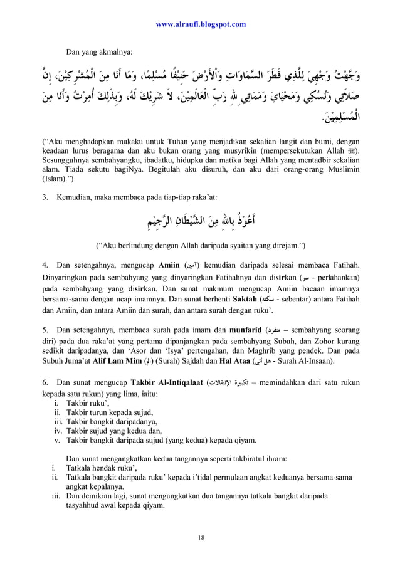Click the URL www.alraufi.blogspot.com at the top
(200, 24)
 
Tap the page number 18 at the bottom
(201, 538)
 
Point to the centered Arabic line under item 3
(201, 221)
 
